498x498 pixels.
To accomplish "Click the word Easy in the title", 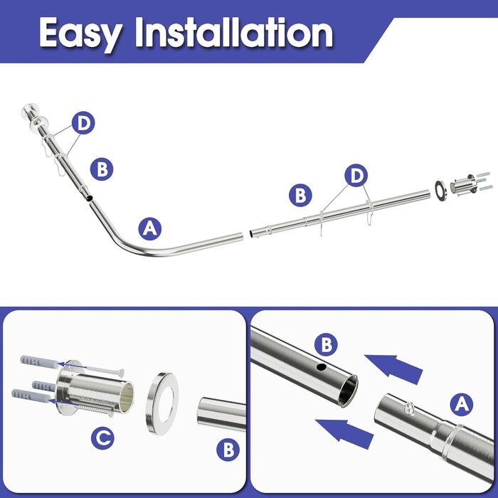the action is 81,34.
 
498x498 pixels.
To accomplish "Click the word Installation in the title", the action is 234,32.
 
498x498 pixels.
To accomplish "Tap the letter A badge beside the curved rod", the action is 150,228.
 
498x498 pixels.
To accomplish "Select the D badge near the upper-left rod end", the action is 83,122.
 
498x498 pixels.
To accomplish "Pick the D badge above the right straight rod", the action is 356,175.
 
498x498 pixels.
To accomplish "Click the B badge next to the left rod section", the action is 102,169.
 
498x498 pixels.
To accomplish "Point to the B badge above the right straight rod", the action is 300,196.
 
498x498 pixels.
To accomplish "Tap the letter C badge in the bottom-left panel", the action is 102,438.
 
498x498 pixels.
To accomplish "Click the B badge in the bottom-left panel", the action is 228,450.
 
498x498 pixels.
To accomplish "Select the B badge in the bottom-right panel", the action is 326,344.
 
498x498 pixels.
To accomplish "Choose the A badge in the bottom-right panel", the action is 462,405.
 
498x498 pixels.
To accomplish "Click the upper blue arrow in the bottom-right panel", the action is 394,369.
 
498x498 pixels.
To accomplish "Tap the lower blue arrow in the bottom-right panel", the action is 344,433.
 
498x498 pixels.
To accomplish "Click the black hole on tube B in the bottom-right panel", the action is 322,368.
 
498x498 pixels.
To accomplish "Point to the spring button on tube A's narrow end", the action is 409,408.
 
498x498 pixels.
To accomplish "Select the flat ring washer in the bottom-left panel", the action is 162,403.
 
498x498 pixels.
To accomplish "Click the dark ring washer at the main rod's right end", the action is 440,191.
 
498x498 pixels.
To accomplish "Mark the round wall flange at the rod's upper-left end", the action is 38,124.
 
